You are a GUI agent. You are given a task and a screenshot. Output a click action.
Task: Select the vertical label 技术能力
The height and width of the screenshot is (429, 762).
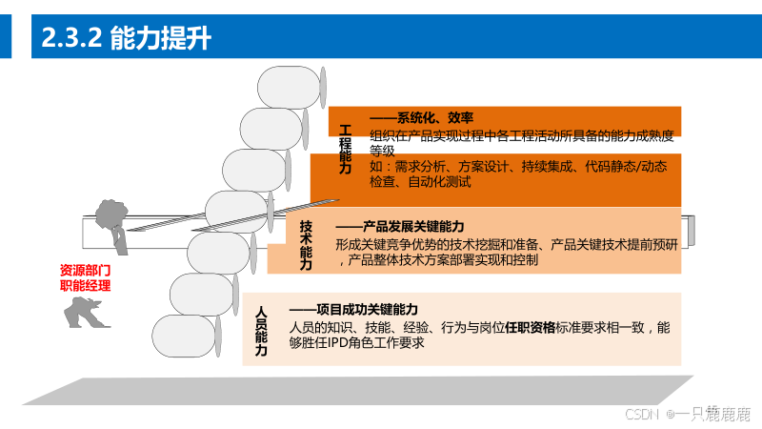coord(306,245)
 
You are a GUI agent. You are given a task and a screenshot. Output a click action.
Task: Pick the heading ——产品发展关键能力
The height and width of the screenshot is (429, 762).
coord(400,226)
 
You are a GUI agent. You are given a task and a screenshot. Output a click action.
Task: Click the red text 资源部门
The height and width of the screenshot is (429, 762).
coord(85,270)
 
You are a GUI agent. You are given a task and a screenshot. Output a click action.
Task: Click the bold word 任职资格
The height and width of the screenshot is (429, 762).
coord(530,327)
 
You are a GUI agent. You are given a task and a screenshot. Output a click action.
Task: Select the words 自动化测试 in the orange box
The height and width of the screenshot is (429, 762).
coord(438,181)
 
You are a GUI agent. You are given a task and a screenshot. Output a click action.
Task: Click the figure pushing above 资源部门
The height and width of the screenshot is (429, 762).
coord(110,221)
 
